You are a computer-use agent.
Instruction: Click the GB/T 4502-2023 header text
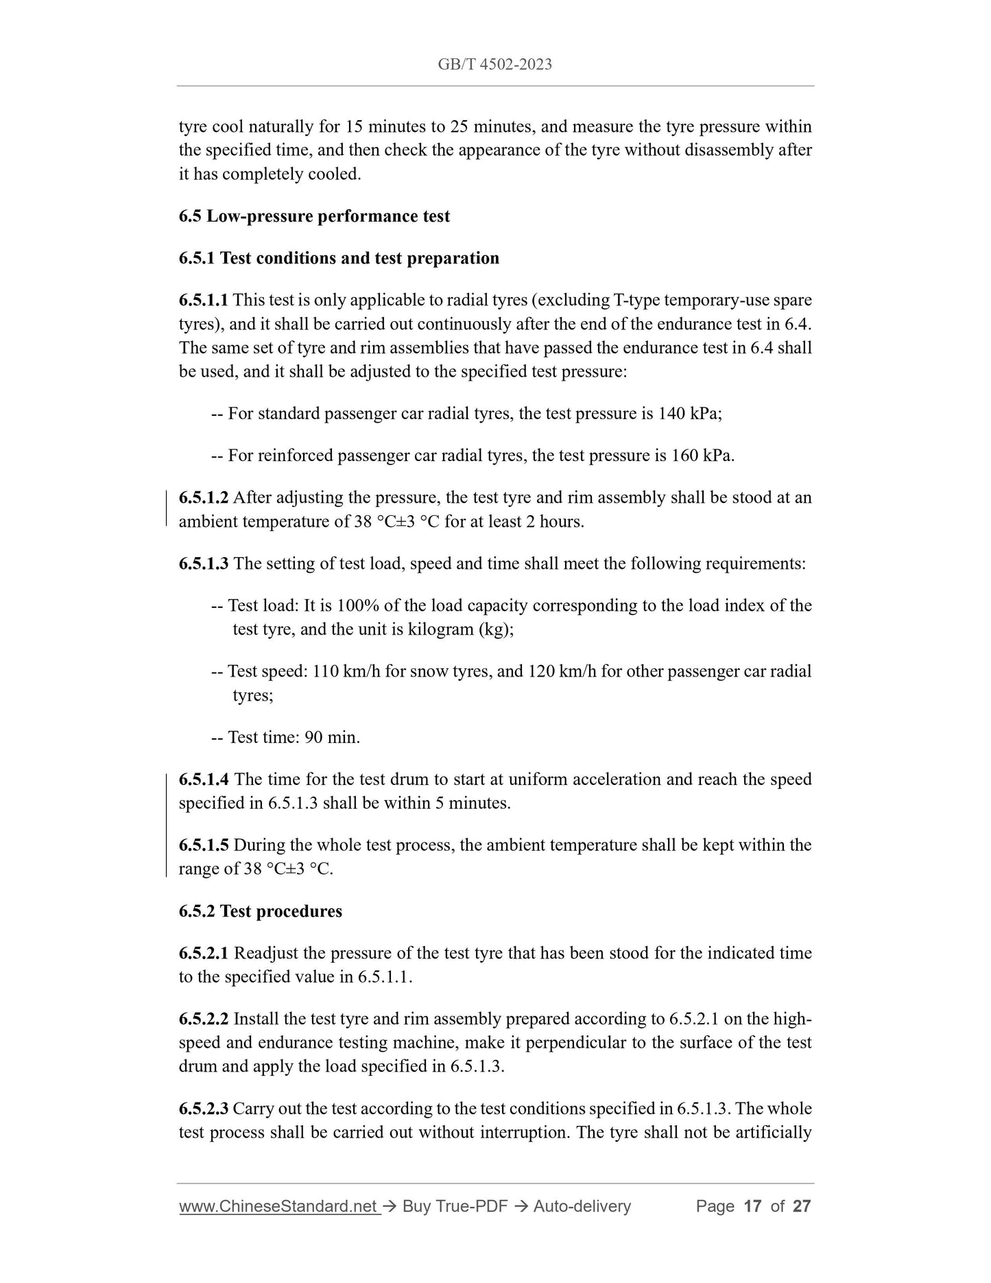point(494,64)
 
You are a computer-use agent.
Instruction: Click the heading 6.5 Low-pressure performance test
point(314,216)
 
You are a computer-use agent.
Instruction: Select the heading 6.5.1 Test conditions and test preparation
point(339,258)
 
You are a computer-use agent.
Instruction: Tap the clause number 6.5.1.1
point(204,300)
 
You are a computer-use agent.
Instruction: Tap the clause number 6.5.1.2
point(204,497)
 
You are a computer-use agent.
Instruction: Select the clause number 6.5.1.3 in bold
point(204,564)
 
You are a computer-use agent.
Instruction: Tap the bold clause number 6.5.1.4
point(204,779)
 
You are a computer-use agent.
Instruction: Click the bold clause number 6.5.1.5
point(204,845)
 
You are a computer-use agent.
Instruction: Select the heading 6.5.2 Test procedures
point(261,911)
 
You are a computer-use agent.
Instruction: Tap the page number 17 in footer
point(752,1206)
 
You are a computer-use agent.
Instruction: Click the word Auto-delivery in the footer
point(582,1206)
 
